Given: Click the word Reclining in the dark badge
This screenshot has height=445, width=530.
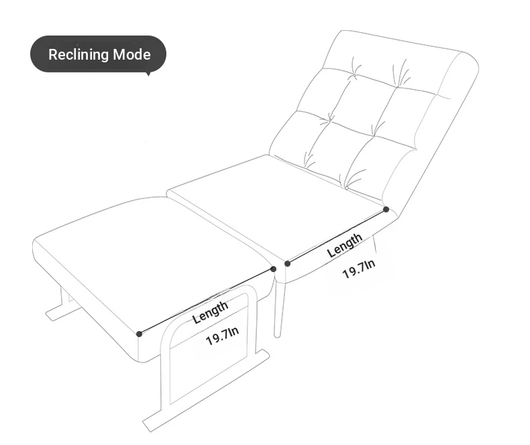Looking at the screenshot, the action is pyautogui.click(x=78, y=55).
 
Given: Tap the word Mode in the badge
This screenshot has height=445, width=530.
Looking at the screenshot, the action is pyautogui.click(x=131, y=54).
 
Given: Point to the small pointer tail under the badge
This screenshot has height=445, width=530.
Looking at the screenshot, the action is pyautogui.click(x=148, y=74).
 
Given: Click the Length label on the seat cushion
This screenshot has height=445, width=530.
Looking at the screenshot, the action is pyautogui.click(x=344, y=245).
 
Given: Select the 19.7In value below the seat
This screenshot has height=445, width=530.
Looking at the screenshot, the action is pyautogui.click(x=359, y=269).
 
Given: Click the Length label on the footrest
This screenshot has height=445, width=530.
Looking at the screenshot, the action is pyautogui.click(x=210, y=312).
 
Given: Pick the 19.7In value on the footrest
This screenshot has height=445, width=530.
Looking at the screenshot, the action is pyautogui.click(x=223, y=336).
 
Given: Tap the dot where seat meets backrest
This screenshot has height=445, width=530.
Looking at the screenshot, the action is pyautogui.click(x=386, y=210).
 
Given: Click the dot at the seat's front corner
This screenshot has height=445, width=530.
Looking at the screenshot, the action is pyautogui.click(x=287, y=263).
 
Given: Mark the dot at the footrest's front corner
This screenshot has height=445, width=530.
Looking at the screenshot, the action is pyautogui.click(x=140, y=334).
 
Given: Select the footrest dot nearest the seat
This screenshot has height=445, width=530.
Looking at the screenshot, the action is pyautogui.click(x=274, y=269).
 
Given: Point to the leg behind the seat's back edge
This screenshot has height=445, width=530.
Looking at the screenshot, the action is pyautogui.click(x=374, y=244).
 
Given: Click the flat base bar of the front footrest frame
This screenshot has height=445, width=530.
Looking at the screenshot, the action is pyautogui.click(x=206, y=391).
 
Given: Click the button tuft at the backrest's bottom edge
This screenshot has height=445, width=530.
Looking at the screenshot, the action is pyautogui.click(x=346, y=188).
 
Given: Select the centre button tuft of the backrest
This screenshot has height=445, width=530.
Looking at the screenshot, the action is pyautogui.click(x=330, y=119).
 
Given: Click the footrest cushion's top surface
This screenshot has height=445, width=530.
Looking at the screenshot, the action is pyautogui.click(x=152, y=260).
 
